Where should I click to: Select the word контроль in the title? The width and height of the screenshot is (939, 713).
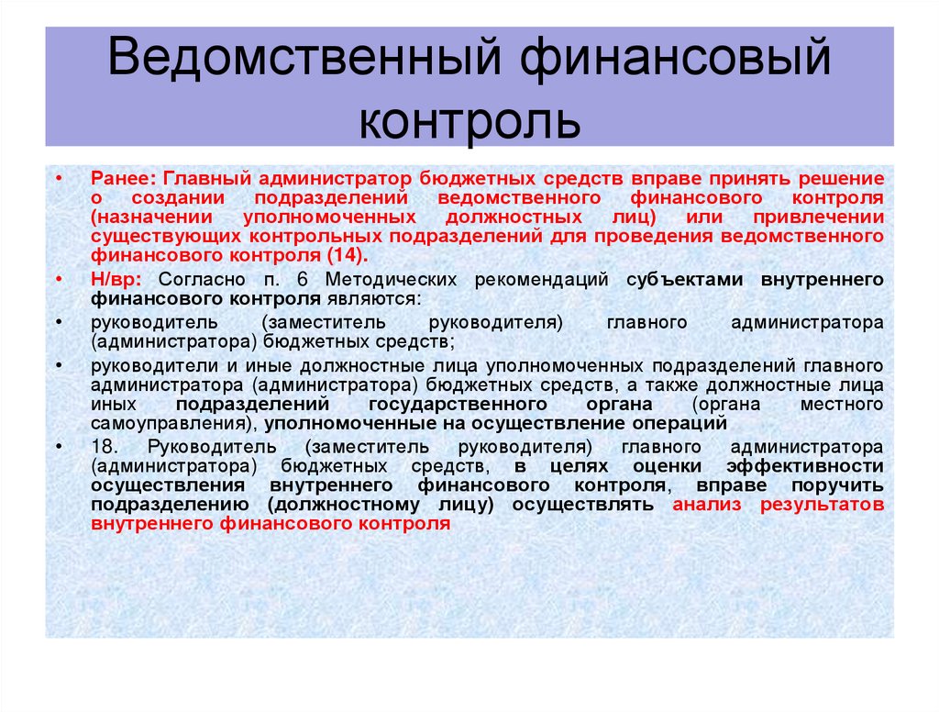(x=469, y=123)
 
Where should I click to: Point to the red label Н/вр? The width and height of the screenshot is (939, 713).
(x=116, y=280)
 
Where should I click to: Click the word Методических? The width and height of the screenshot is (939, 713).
(x=399, y=280)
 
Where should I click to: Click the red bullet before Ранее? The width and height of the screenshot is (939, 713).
(x=58, y=177)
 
